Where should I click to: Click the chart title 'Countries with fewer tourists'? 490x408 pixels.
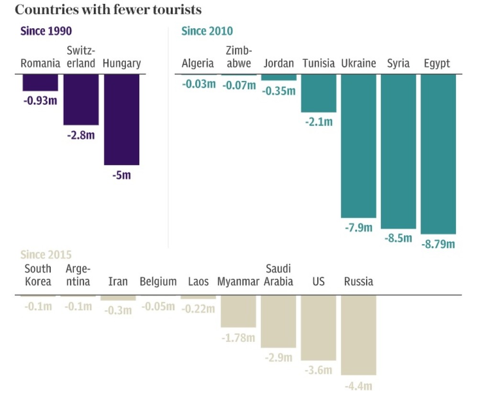pos(108,10)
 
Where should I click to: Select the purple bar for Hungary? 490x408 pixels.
pos(122,120)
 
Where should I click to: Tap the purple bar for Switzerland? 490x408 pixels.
pos(81,100)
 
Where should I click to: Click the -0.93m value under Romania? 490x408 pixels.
pos(40,101)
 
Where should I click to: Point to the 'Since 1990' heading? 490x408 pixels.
pos(46,32)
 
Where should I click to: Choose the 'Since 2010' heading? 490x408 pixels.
pos(207,32)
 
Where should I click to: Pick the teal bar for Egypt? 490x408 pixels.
pos(438,154)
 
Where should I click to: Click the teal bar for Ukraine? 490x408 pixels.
pos(358,146)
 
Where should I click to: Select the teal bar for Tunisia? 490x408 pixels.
pos(319,93)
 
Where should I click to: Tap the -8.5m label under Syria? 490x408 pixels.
pos(398,238)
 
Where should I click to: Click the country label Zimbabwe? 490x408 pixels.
pos(238,57)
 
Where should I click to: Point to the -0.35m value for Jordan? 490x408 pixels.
pos(279,91)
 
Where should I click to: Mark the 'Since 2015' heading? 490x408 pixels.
pos(46,255)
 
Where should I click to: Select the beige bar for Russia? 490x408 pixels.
pos(358,335)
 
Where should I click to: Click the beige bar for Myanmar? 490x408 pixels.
pos(238,311)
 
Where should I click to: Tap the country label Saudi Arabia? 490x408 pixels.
pos(278,275)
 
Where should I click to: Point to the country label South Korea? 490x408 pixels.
pos(38,275)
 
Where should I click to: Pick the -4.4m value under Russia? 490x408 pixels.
pos(358,385)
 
